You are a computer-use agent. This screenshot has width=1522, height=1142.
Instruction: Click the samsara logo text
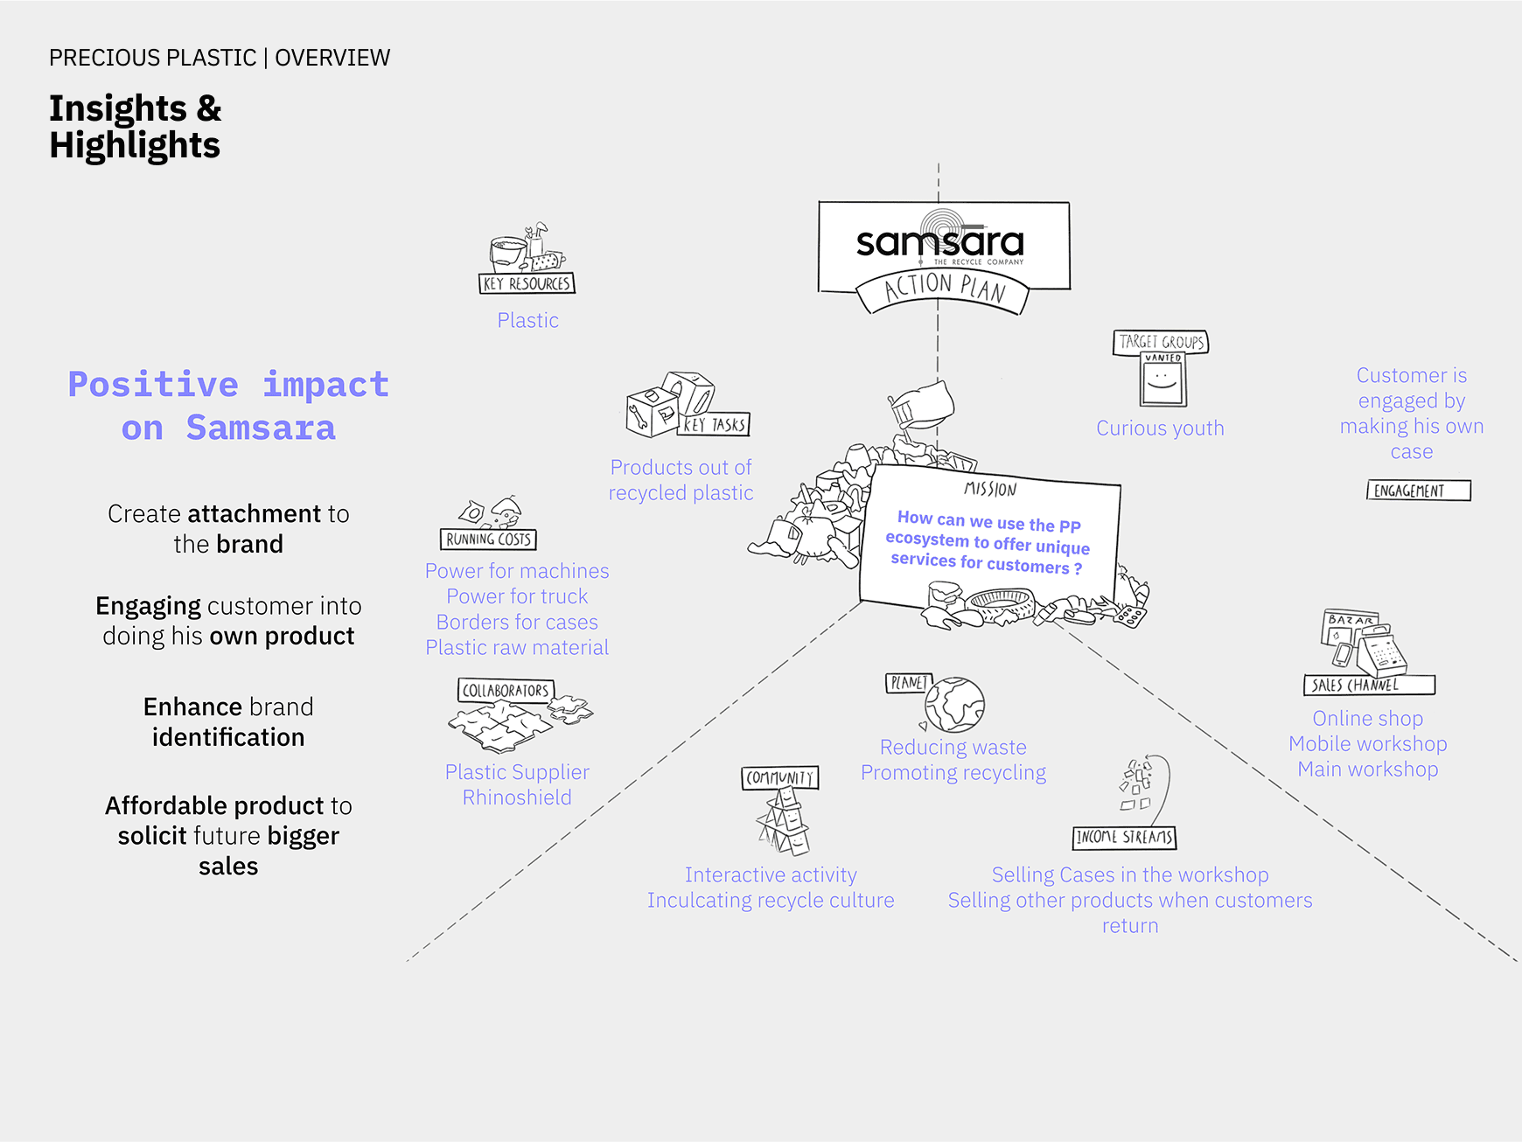point(939,243)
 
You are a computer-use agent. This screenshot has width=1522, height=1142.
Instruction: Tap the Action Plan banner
point(944,289)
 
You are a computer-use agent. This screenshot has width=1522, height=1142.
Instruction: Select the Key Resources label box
point(527,283)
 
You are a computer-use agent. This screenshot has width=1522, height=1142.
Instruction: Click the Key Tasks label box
point(716,425)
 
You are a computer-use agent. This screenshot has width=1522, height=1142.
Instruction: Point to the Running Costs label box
point(488,540)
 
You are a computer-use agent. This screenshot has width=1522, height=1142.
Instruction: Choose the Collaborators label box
point(505,691)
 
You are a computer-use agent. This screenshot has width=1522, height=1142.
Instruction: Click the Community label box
point(779,777)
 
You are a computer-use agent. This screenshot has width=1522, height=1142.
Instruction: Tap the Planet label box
point(908,683)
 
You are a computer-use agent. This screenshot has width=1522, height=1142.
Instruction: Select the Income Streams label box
point(1124,838)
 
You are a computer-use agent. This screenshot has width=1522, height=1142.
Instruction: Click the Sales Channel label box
point(1368,685)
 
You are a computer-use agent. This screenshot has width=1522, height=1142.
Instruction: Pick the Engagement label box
point(1418,491)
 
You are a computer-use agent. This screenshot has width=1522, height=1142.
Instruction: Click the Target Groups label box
point(1161,342)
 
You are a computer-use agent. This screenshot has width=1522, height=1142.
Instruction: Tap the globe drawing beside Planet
point(955,705)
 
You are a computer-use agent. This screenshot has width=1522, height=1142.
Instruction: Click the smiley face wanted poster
point(1162,381)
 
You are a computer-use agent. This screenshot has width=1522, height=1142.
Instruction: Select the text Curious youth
point(1160,428)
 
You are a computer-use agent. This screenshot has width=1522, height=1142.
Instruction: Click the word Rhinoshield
point(517,797)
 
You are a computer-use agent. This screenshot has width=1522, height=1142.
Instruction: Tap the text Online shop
point(1367,719)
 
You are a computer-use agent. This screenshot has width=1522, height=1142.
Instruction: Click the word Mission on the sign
point(990,490)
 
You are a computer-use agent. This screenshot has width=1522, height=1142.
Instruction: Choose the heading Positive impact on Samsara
point(228,407)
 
